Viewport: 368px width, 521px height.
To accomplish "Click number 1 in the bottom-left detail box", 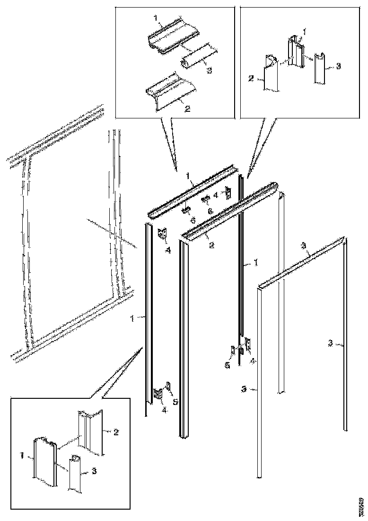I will click(x=22, y=455).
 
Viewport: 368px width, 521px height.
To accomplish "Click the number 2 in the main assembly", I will click(x=211, y=245).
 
